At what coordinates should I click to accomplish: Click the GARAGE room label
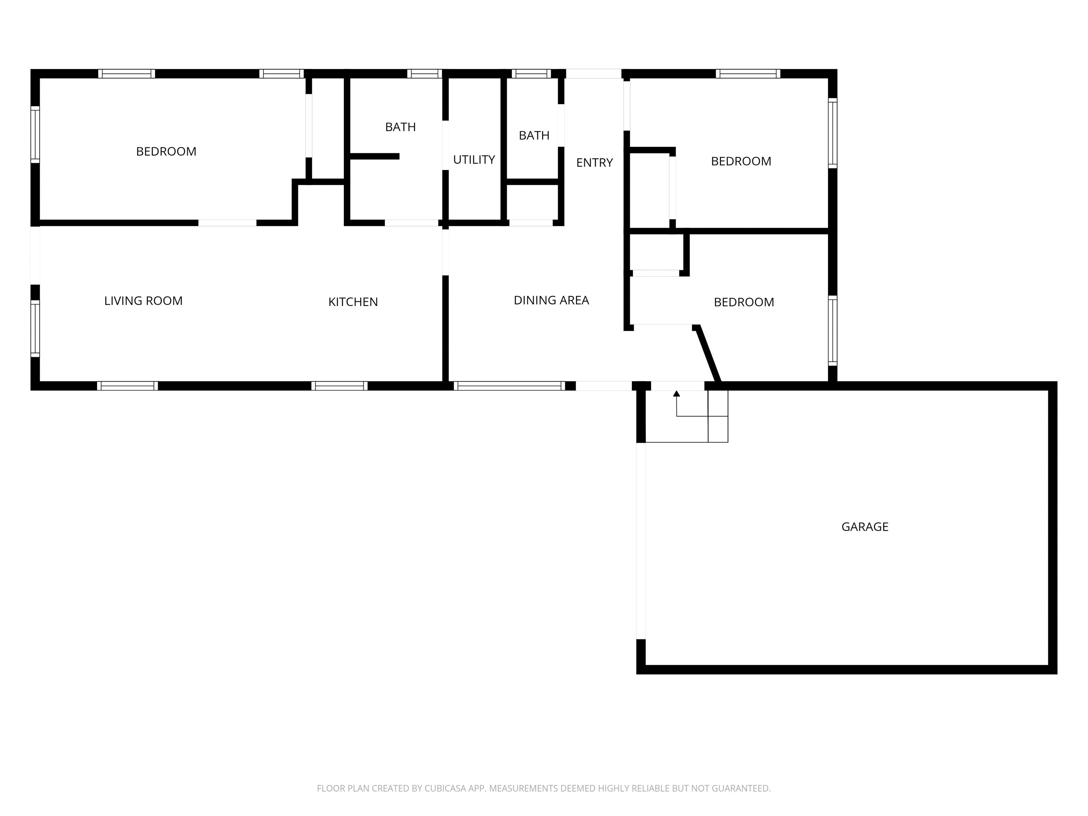[865, 527]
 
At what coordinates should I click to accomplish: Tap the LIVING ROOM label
[143, 301]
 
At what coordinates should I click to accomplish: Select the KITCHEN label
[353, 302]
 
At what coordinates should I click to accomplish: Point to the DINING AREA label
[551, 300]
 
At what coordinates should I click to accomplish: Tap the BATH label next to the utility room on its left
[400, 127]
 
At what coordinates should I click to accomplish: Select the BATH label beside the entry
[534, 135]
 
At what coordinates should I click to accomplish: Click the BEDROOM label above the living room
[166, 152]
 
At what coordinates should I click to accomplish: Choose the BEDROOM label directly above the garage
[744, 302]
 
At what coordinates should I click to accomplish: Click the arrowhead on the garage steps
[676, 393]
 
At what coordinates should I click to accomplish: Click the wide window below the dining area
[509, 386]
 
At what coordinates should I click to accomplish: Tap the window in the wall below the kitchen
[339, 386]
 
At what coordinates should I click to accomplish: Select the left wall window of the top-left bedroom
[35, 134]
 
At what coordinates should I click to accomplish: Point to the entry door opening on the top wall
[594, 74]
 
